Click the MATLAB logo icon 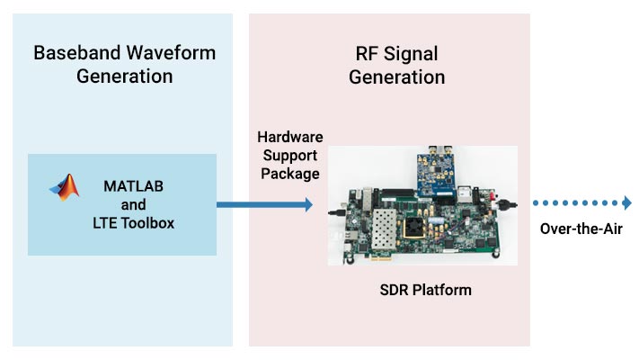tap(64, 186)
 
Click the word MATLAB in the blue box tap(133, 188)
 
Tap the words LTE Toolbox tap(133, 222)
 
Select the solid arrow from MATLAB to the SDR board tap(264, 205)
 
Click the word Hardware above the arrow tap(289, 137)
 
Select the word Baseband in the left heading tap(73, 52)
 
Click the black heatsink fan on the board tap(418, 225)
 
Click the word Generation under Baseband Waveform tap(124, 76)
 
